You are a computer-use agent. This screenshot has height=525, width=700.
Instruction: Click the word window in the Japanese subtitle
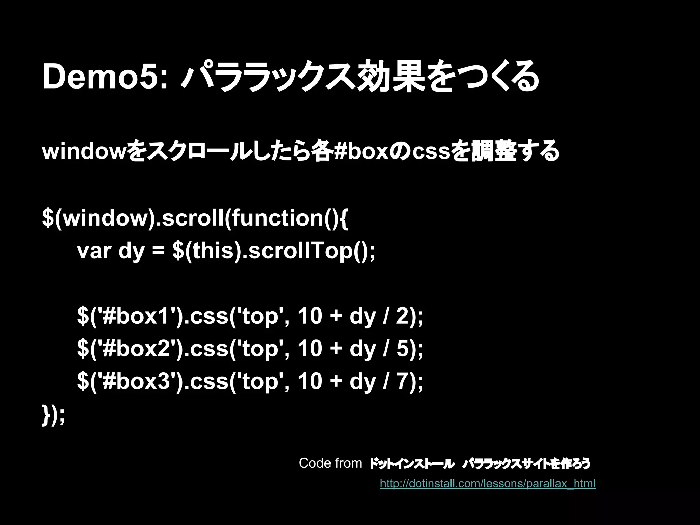tap(84, 151)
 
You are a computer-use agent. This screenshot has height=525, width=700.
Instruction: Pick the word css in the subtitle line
tap(431, 151)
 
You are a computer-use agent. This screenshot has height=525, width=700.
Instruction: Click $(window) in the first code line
tap(96, 218)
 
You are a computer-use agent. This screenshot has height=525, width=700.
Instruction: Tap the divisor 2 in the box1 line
tap(402, 316)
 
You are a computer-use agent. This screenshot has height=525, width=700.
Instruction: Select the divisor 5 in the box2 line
tap(402, 349)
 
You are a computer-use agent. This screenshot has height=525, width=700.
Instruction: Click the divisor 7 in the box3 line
tap(402, 381)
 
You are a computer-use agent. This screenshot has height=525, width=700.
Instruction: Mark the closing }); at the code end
tap(53, 415)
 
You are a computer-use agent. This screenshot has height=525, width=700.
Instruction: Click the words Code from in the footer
tap(330, 463)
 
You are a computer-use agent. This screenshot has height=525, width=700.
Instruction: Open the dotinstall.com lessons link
tap(487, 484)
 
